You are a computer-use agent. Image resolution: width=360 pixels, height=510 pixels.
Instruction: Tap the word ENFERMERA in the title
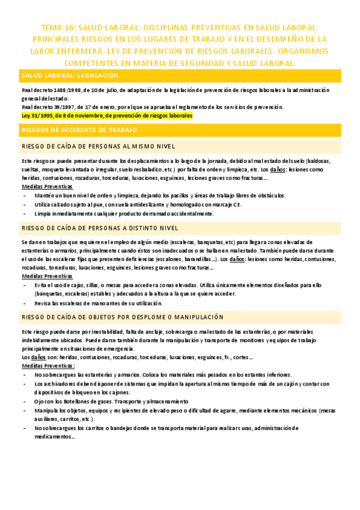(x=69, y=51)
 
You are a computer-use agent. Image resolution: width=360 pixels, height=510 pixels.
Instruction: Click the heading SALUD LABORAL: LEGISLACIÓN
(x=78, y=76)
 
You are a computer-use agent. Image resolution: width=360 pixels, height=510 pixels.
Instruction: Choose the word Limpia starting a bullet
(x=43, y=214)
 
